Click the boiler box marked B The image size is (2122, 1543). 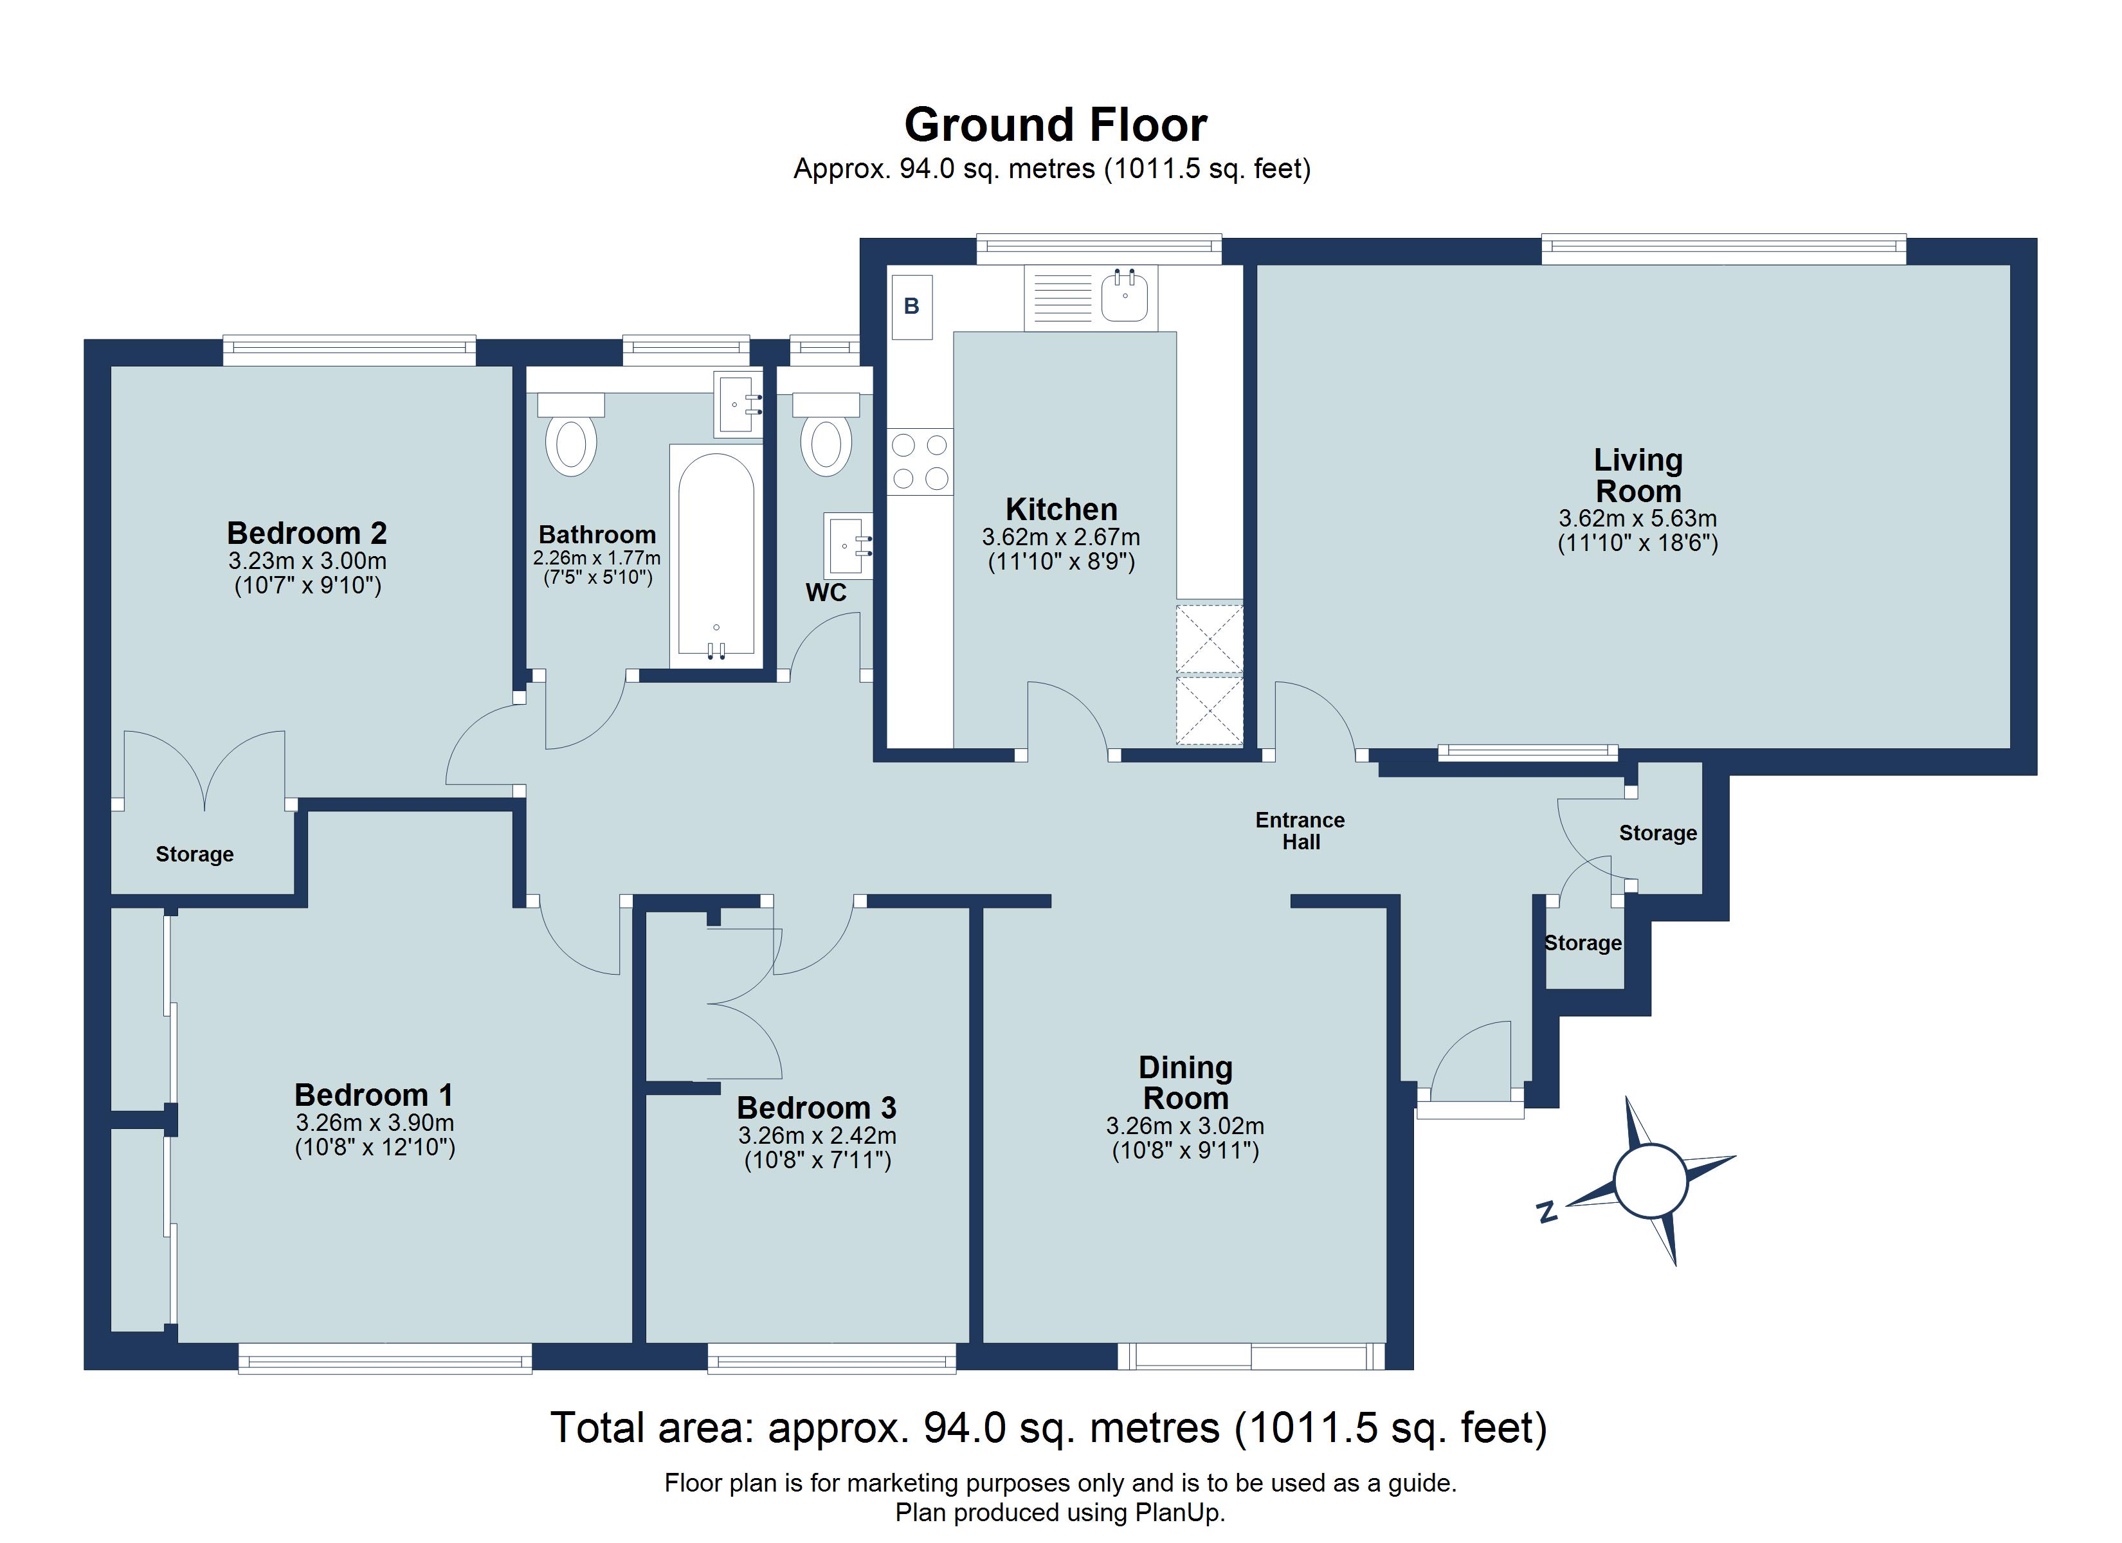911,306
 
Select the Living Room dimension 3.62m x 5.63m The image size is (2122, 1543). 1637,518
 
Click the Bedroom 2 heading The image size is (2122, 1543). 307,534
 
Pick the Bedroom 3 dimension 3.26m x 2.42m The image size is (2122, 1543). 817,1136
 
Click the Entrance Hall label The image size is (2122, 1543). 1300,831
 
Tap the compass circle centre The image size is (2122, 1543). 1651,1181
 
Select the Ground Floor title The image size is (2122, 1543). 1055,125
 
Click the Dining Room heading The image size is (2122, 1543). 1186,1083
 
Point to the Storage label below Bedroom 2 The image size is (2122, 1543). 195,854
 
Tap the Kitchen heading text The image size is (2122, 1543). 1061,510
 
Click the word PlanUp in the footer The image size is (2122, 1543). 1179,1513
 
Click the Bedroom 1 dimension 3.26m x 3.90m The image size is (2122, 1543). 374,1123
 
